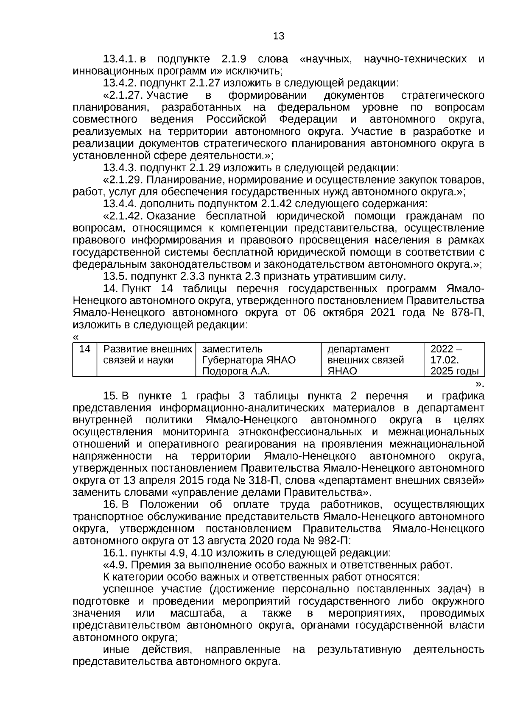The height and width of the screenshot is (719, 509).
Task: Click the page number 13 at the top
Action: tap(279, 36)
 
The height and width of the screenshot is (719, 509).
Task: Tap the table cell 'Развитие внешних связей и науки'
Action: tap(146, 355)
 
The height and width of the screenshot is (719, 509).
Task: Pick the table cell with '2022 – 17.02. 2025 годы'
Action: tap(454, 360)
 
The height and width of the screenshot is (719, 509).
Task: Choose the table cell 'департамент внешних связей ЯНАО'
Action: tap(372, 360)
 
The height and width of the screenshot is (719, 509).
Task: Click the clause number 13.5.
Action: tap(115, 277)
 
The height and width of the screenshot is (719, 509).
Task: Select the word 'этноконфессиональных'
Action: tap(300, 432)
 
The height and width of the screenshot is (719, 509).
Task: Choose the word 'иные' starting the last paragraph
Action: tap(114, 650)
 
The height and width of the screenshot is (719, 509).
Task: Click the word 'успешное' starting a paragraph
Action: tap(126, 589)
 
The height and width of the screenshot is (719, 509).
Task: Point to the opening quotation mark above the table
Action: tap(76, 337)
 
